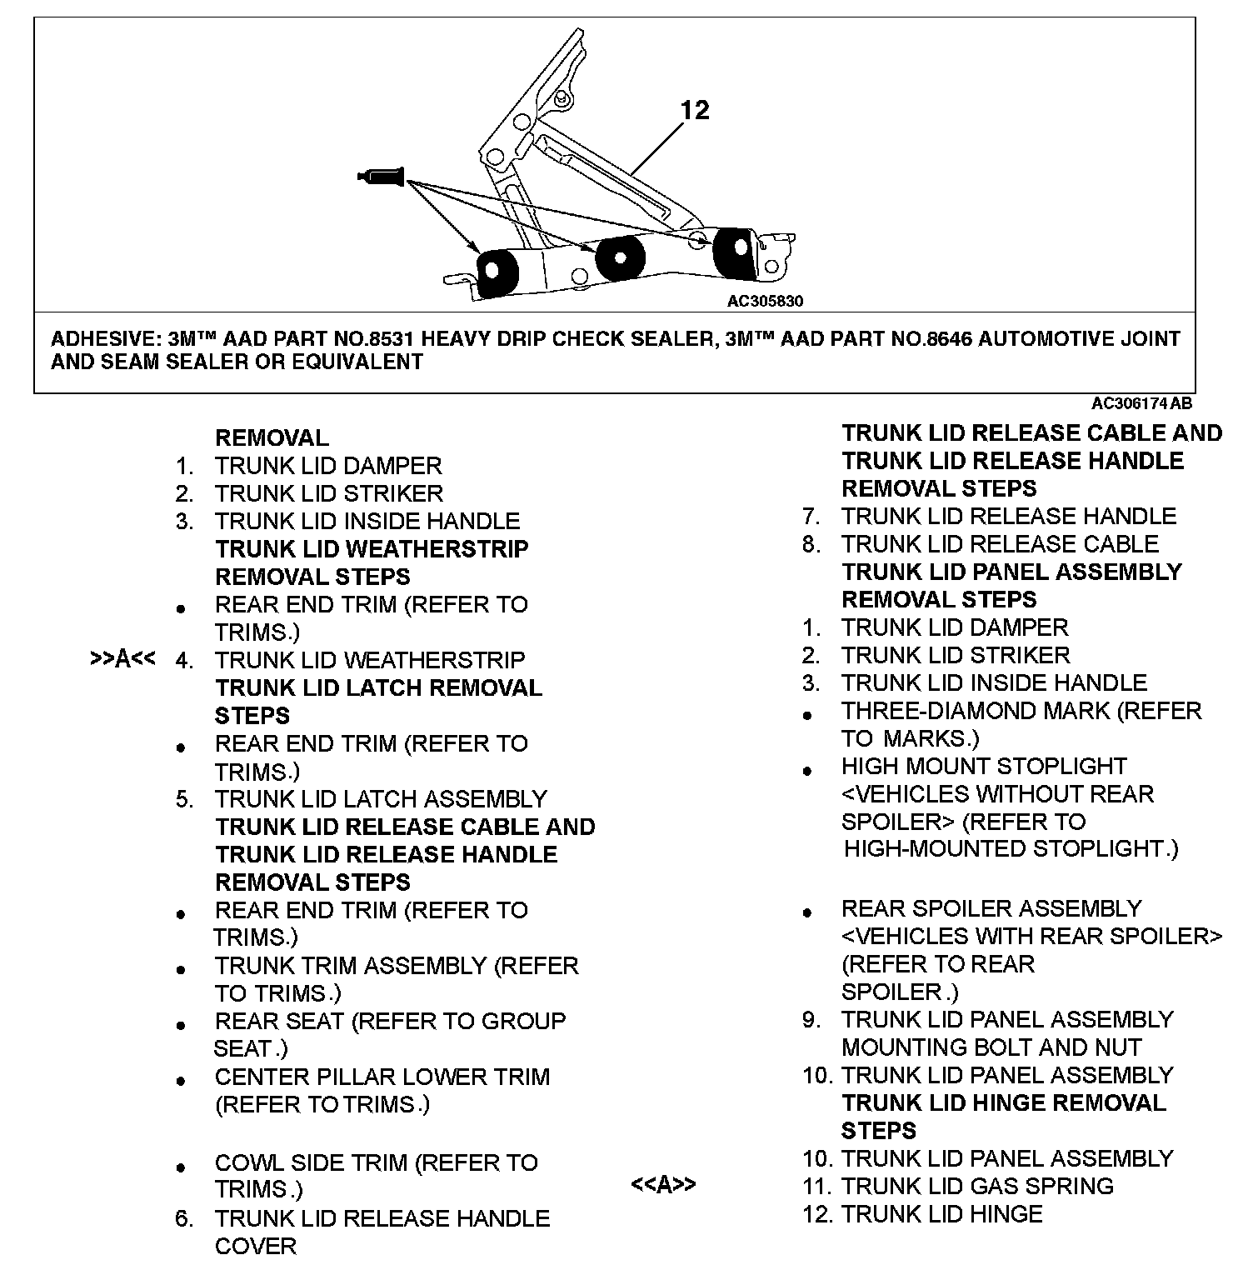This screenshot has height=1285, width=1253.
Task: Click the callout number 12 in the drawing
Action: (x=695, y=110)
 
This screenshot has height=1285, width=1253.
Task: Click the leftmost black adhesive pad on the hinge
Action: (x=497, y=272)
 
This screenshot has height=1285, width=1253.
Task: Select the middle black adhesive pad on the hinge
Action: (x=617, y=257)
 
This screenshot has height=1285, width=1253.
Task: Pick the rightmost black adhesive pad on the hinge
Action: (x=734, y=247)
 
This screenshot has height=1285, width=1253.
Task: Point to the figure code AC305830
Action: (x=765, y=301)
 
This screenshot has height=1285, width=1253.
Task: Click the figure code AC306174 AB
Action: (x=1141, y=403)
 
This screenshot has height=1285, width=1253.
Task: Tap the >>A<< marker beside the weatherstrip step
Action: (x=122, y=659)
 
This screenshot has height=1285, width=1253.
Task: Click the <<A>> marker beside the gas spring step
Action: (x=663, y=1184)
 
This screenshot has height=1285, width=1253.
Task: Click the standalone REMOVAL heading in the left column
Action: (x=272, y=437)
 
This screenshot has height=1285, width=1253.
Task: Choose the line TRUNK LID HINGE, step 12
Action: (x=941, y=1214)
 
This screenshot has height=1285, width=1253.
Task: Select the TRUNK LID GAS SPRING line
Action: (x=976, y=1186)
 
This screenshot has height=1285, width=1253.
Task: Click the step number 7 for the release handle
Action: (x=811, y=516)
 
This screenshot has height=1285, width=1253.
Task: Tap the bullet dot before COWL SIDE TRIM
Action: (x=181, y=1167)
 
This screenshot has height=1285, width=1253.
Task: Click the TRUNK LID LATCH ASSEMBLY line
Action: (x=380, y=798)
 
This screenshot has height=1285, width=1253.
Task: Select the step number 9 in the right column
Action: (x=811, y=1019)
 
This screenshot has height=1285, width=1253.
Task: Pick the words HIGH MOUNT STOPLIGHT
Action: (x=983, y=766)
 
